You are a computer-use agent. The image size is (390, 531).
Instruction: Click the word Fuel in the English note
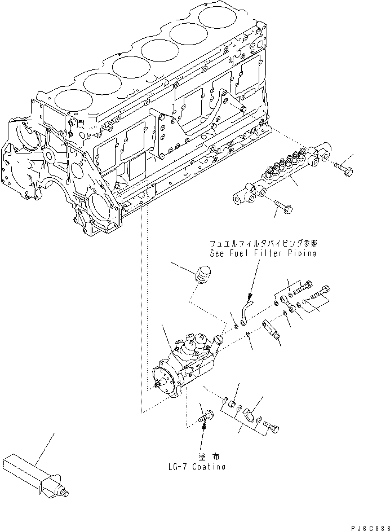tap(232, 253)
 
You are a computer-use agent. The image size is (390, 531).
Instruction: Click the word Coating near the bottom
tap(208, 467)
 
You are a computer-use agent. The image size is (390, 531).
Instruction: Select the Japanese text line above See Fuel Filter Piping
tap(263, 244)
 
